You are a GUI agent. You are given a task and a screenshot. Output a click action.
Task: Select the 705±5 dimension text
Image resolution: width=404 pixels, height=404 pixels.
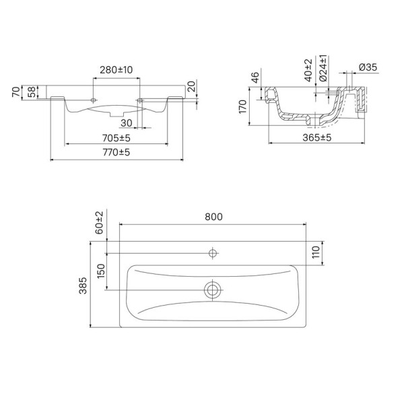point(116,137)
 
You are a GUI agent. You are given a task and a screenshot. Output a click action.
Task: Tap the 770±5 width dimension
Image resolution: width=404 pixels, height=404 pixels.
point(116,154)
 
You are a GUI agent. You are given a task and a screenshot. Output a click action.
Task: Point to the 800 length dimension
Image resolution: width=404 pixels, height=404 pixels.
point(213,217)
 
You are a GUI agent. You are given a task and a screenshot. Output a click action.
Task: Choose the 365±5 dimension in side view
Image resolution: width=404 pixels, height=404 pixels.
point(317,137)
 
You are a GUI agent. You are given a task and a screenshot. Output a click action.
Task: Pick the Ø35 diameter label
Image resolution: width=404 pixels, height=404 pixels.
point(368,67)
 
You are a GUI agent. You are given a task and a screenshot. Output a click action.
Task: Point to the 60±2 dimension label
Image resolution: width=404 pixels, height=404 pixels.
point(100,222)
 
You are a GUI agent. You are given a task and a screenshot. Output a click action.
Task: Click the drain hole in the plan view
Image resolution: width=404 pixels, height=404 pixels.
point(213,291)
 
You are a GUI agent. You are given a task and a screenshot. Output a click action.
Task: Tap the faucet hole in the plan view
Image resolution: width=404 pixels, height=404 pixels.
point(213,253)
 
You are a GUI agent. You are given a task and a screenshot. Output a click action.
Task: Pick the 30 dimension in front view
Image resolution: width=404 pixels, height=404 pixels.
point(126,123)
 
